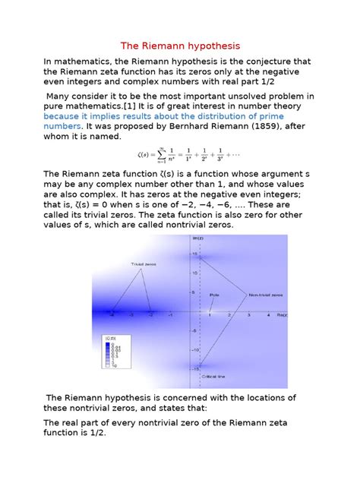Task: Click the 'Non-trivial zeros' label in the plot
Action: pos(264,294)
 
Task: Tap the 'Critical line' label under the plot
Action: pos(213,376)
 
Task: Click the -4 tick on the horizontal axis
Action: pos(112,314)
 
